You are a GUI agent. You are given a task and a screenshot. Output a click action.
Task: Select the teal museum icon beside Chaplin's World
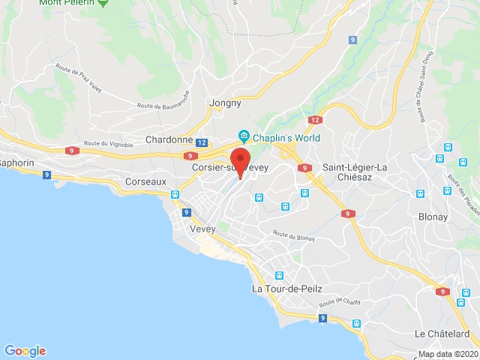pos(244,136)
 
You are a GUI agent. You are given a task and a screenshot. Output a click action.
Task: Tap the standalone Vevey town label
pos(203,228)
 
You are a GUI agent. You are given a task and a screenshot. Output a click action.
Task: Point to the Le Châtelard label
pos(442,333)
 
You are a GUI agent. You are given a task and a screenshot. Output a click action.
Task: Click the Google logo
pos(25,351)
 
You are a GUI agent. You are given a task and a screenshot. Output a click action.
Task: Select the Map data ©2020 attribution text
pos(447,354)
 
